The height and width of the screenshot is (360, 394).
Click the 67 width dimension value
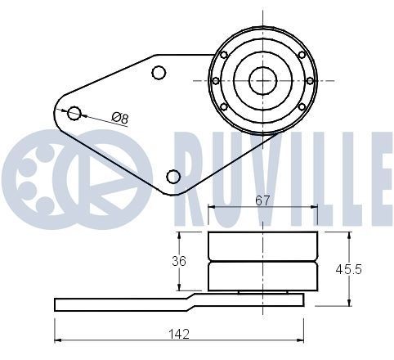[262, 200]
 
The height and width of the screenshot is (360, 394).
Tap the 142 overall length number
[179, 333]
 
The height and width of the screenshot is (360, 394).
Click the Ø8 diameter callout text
[120, 118]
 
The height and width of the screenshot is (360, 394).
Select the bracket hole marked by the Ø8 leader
[74, 113]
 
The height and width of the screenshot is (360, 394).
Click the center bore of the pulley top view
[262, 80]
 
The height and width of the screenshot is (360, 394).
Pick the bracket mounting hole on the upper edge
[159, 73]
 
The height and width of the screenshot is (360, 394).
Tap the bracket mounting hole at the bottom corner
[172, 176]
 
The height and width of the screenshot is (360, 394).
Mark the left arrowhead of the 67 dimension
[213, 208]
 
